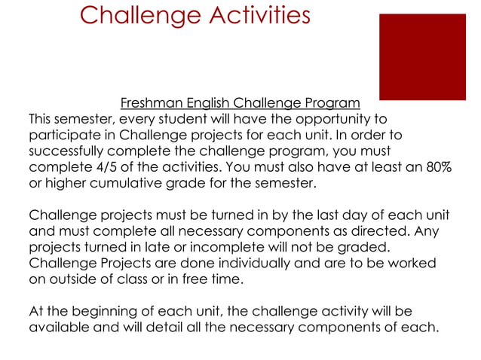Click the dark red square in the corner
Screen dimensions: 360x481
422,56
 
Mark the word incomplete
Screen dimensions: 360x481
211,246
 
